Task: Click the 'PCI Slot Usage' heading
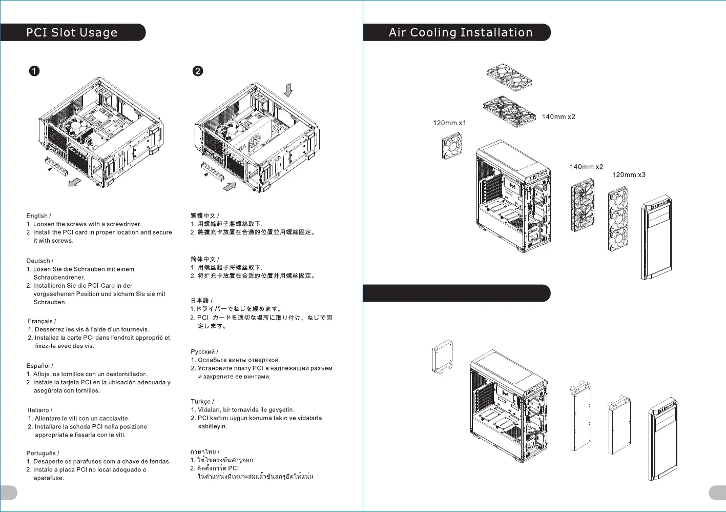[72, 33]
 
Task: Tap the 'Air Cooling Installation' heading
[461, 33]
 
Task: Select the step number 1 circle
[34, 71]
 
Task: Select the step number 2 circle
[198, 71]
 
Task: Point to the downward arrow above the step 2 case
[288, 90]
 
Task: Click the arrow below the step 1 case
[75, 182]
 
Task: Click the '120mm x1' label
[449, 123]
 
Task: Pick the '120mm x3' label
[629, 175]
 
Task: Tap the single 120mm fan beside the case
[452, 146]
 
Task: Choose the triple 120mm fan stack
[618, 219]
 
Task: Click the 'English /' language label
[38, 216]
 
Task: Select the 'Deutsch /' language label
[39, 261]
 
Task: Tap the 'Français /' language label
[42, 321]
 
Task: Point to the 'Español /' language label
[39, 366]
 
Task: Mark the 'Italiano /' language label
[40, 410]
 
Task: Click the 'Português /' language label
[43, 454]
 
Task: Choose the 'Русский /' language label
[204, 352]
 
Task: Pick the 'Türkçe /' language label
[202, 402]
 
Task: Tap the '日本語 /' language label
[201, 301]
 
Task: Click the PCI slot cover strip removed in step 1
[56, 166]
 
